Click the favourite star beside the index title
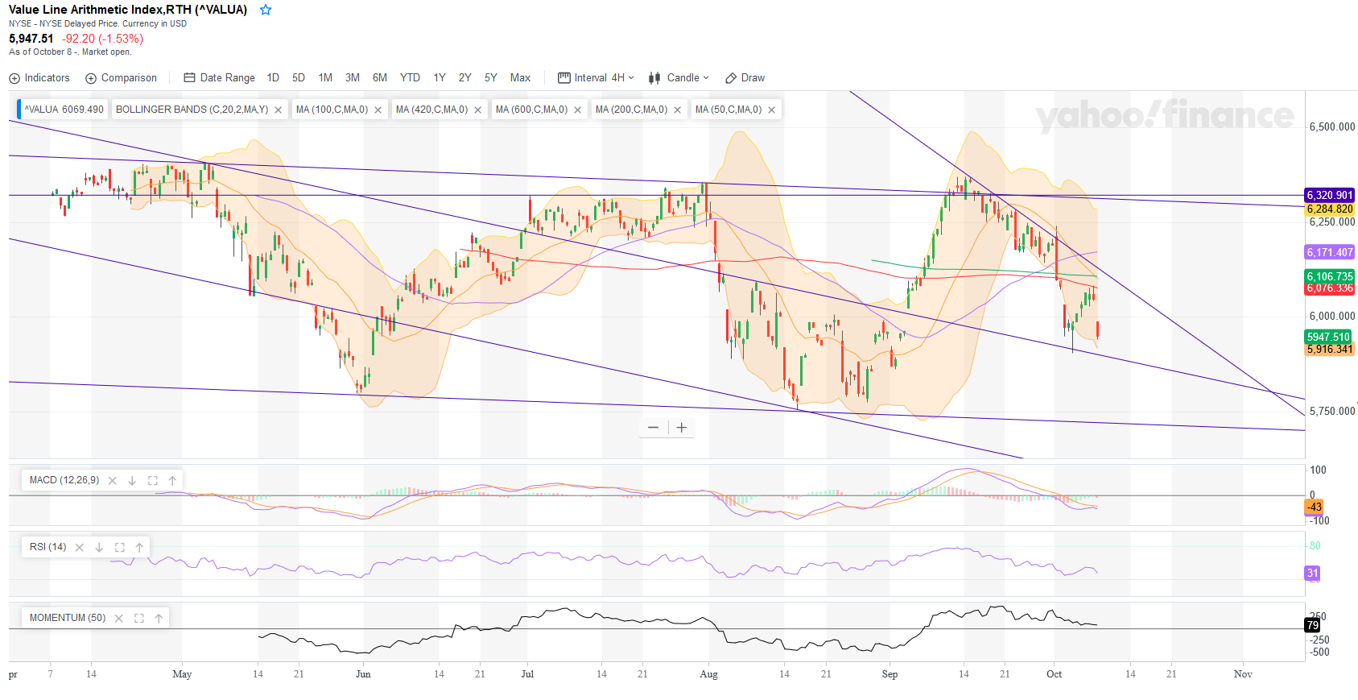pos(266,10)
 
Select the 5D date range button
pos(299,78)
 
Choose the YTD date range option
pos(410,78)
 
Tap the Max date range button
pos(520,78)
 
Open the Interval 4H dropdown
pos(596,78)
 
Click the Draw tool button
pos(745,78)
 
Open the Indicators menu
pos(39,78)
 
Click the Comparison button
pos(122,78)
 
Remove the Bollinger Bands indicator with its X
pos(279,110)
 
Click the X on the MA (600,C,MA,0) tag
pos(578,110)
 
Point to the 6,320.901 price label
pos(1329,195)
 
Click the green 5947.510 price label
pos(1328,337)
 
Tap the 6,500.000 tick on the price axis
pos(1331,127)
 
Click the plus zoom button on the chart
pos(681,428)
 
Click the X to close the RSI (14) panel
pos(79,548)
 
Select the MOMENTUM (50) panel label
pos(68,618)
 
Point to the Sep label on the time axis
pos(890,674)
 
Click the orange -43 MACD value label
pos(1314,507)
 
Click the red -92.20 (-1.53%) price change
pos(102,39)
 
